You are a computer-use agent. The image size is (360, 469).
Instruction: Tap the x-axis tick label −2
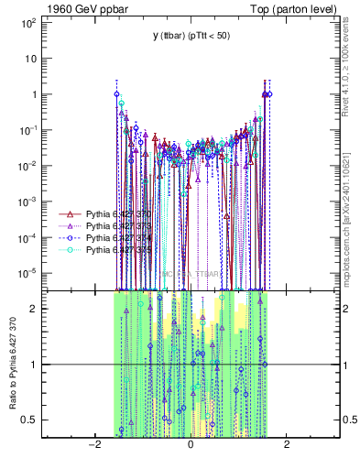(94, 444)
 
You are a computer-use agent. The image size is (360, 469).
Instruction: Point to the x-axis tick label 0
(191, 444)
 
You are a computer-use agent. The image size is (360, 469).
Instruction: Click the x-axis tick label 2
(287, 444)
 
